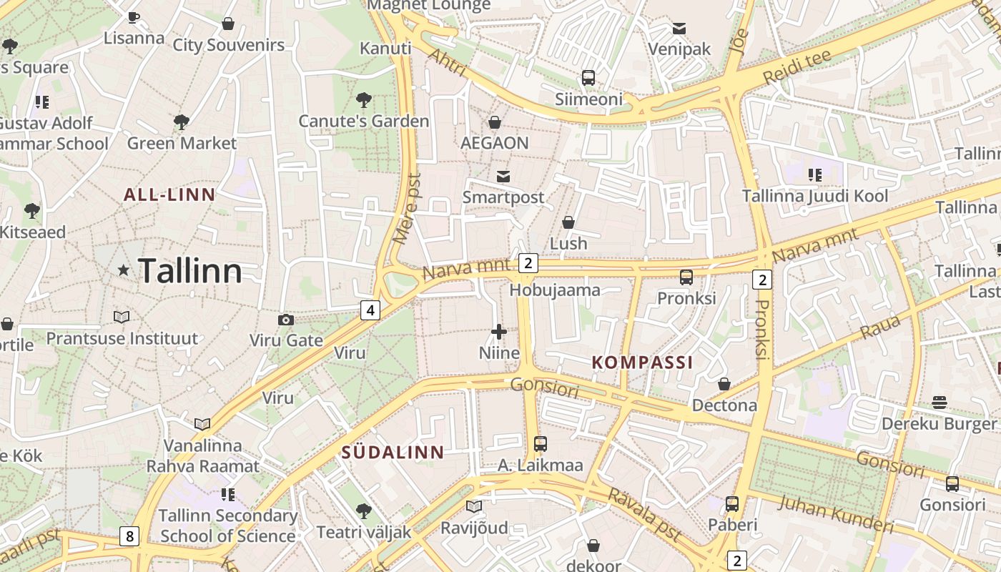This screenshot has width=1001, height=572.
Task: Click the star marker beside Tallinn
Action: pyautogui.click(x=124, y=270)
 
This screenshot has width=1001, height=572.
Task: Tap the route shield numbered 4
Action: pyautogui.click(x=370, y=310)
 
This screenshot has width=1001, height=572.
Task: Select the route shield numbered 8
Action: pyautogui.click(x=129, y=536)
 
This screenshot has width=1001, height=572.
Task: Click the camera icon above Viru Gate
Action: pyautogui.click(x=286, y=320)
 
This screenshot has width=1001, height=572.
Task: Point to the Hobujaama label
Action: pyautogui.click(x=554, y=290)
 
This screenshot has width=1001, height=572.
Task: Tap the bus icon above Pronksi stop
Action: pyautogui.click(x=686, y=277)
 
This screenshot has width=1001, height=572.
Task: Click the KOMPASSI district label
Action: pyautogui.click(x=642, y=363)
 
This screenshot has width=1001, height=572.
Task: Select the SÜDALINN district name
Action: pyautogui.click(x=393, y=452)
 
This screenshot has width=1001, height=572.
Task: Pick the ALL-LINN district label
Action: pyautogui.click(x=169, y=194)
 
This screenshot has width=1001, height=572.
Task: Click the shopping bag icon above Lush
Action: pyautogui.click(x=568, y=222)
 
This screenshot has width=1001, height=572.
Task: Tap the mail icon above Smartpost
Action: pyautogui.click(x=503, y=176)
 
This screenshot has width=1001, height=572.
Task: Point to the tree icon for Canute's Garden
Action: pyautogui.click(x=363, y=99)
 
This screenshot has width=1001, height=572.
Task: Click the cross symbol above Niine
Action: pyautogui.click(x=499, y=332)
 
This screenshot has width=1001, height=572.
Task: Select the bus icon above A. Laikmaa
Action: pyautogui.click(x=541, y=444)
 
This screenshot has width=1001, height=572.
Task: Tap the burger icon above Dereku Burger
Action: pyautogui.click(x=939, y=403)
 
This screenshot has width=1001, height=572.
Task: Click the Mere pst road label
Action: pyautogui.click(x=408, y=207)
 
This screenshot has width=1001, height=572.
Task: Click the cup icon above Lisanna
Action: pyautogui.click(x=134, y=17)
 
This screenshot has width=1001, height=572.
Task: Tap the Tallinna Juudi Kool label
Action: pyautogui.click(x=815, y=196)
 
